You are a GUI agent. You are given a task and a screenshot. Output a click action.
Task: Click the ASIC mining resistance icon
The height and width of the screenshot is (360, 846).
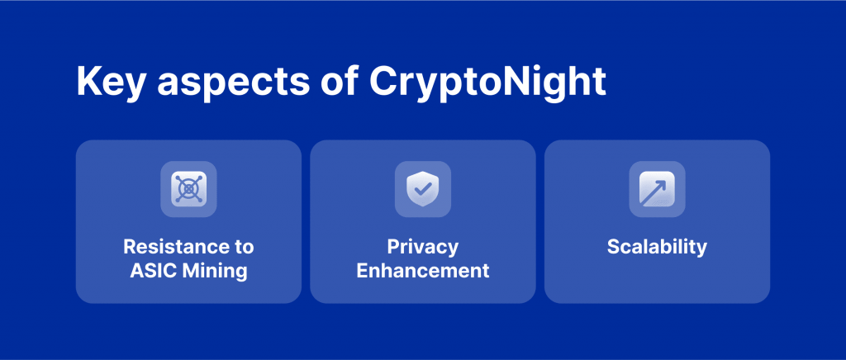coord(189,188)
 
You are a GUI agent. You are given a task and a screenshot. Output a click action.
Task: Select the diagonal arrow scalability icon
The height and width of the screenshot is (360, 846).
coord(657,188)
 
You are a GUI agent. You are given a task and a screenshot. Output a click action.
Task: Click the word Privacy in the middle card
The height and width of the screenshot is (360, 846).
coord(422,248)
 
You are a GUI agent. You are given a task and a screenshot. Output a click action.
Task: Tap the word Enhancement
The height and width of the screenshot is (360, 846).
coord(423,270)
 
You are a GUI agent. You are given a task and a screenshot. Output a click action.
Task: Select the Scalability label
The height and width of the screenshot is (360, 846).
coord(657,247)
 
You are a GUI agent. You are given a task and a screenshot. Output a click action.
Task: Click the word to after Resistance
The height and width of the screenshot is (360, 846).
coord(243,248)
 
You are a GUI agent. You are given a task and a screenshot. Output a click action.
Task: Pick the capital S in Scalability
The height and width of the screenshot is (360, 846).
coord(614,247)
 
